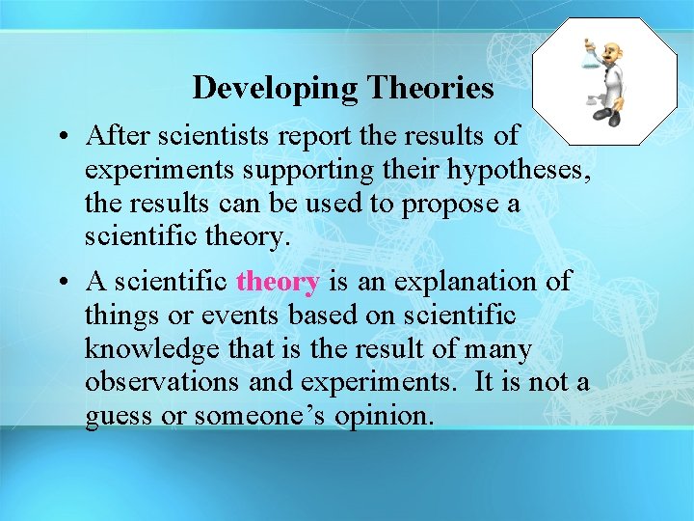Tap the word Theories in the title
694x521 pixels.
(x=428, y=88)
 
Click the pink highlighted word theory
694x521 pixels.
(x=278, y=282)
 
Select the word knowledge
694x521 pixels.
(x=143, y=349)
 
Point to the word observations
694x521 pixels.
(x=161, y=383)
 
